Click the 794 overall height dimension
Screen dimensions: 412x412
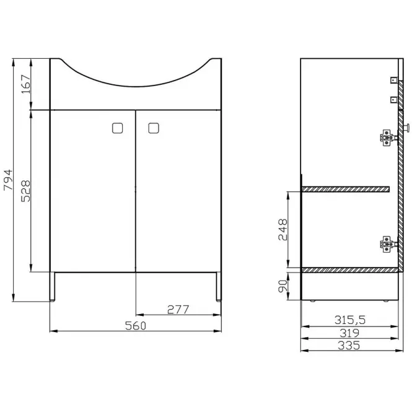coord(8,180)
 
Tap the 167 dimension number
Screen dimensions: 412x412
coord(26,84)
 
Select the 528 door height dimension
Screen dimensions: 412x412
coord(26,191)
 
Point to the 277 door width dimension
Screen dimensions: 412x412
coord(178,310)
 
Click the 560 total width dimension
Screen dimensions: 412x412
coord(136,326)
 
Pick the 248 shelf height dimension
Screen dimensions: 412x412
coord(283,230)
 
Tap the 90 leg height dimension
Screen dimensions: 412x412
coord(283,286)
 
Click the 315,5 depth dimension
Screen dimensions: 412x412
coord(350,320)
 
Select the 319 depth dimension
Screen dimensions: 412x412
coord(349,333)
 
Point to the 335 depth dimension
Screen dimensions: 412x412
coord(349,345)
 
